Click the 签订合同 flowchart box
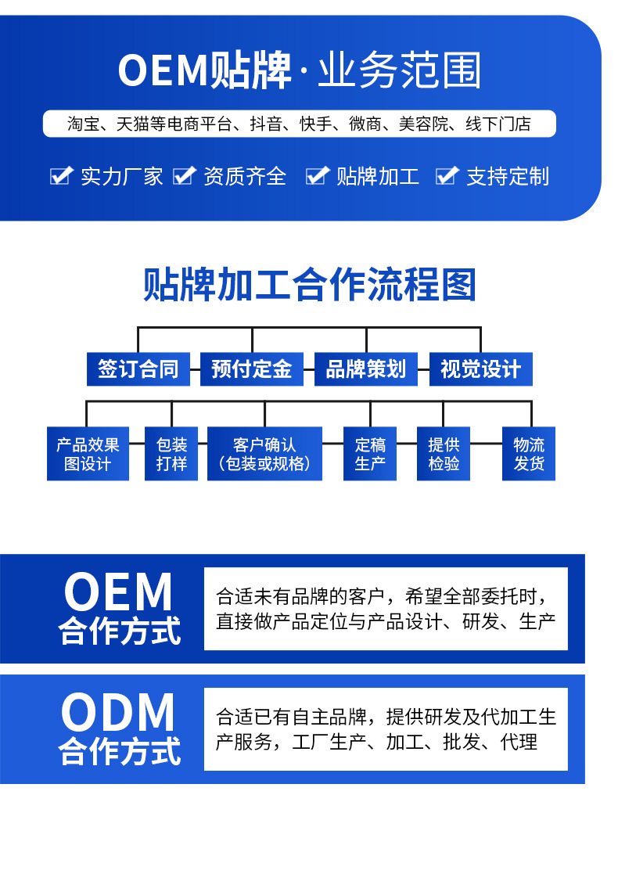tap(138, 369)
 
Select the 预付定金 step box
tap(252, 369)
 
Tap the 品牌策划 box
tap(366, 369)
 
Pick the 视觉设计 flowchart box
tap(480, 369)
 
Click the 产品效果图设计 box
tap(88, 454)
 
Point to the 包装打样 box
tap(171, 454)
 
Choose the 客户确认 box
tap(264, 454)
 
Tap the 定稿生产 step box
tap(370, 454)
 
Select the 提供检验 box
tap(444, 454)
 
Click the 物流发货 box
tap(529, 454)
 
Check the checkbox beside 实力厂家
tap(60, 176)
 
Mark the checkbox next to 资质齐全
tap(183, 176)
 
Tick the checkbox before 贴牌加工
tap(316, 176)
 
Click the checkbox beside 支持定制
tap(446, 176)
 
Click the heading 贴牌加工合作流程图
tap(310, 285)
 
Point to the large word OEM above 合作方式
tap(118, 592)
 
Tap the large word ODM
tap(118, 713)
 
